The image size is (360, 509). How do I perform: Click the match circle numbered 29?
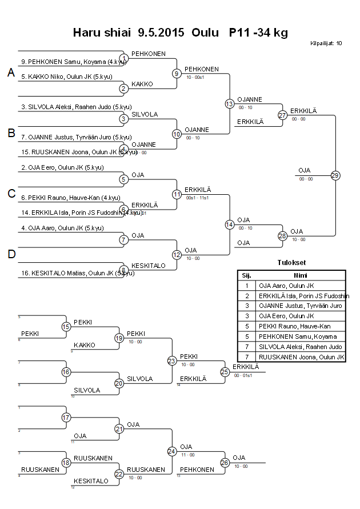pos(335,175)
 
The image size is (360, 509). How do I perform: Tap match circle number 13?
pos(229,103)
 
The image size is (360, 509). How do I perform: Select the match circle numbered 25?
pos(225,372)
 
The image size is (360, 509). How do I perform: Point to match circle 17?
pos(66,418)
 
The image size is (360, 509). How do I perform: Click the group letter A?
pos(11,73)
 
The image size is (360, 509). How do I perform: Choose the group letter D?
pos(11,254)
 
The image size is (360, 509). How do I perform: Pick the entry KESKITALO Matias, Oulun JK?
pos(71,274)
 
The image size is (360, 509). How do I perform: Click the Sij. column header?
pos(247,275)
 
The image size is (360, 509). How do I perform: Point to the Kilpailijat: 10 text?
pos(326,43)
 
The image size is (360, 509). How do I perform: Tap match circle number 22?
pos(119,474)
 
